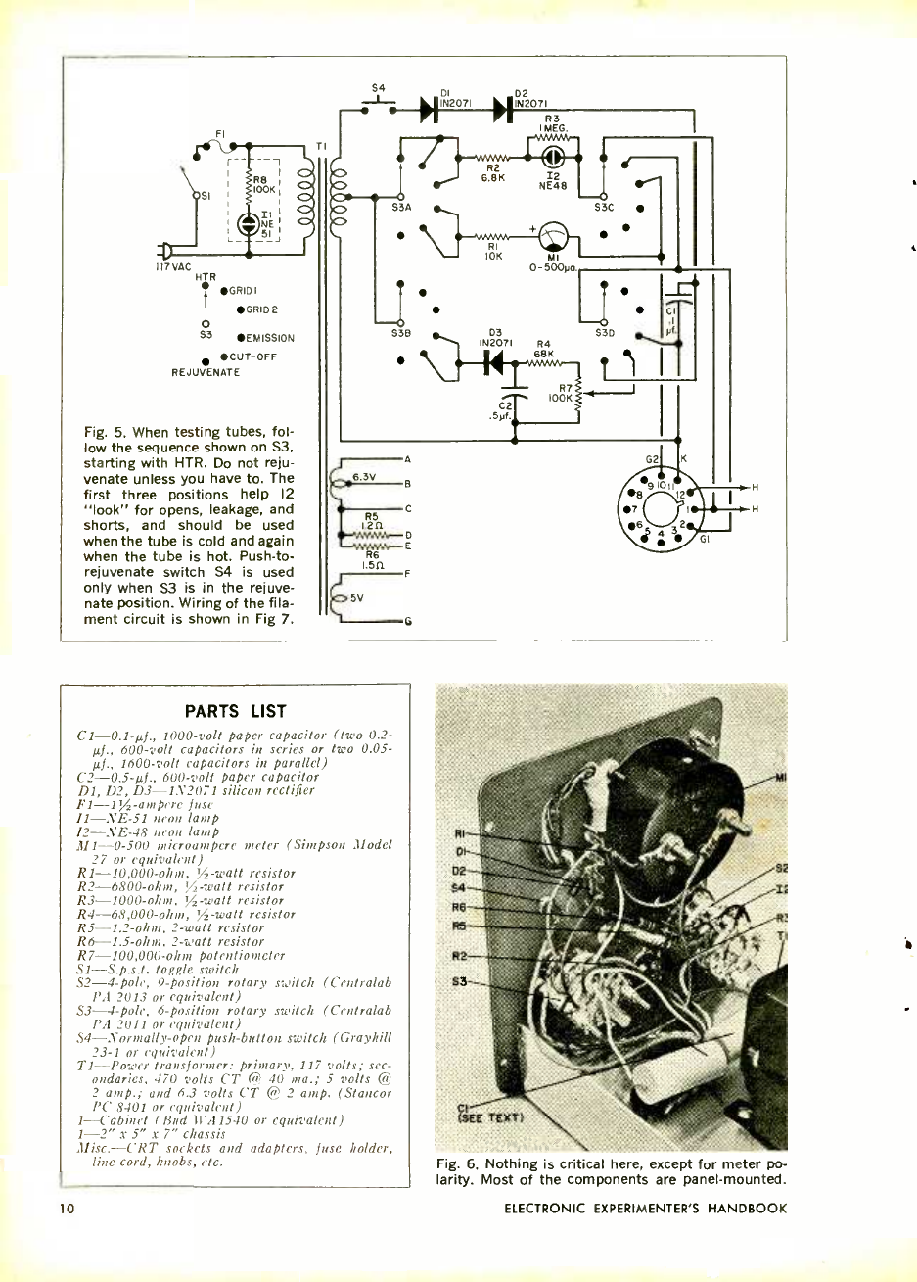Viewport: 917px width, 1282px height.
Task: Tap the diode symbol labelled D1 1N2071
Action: point(428,110)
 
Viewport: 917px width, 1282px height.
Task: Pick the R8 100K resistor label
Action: point(264,184)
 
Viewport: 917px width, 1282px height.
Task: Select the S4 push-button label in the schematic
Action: point(378,88)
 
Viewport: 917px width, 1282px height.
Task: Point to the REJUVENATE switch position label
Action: point(205,372)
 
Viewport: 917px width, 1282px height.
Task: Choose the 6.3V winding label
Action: point(364,477)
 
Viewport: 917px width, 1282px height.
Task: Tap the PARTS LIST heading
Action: point(235,711)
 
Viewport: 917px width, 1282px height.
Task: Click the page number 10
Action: point(67,1208)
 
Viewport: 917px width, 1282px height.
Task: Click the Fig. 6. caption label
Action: point(459,1164)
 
